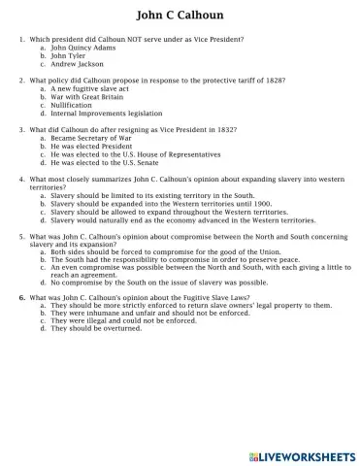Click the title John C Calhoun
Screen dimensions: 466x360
pyautogui.click(x=180, y=17)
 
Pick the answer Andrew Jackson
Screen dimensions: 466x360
pyautogui.click(x=78, y=63)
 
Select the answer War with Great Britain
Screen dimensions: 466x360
pyautogui.click(x=90, y=97)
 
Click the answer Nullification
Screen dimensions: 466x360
pyautogui.click(x=73, y=106)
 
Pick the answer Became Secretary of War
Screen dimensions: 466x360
pyautogui.click(x=91, y=138)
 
